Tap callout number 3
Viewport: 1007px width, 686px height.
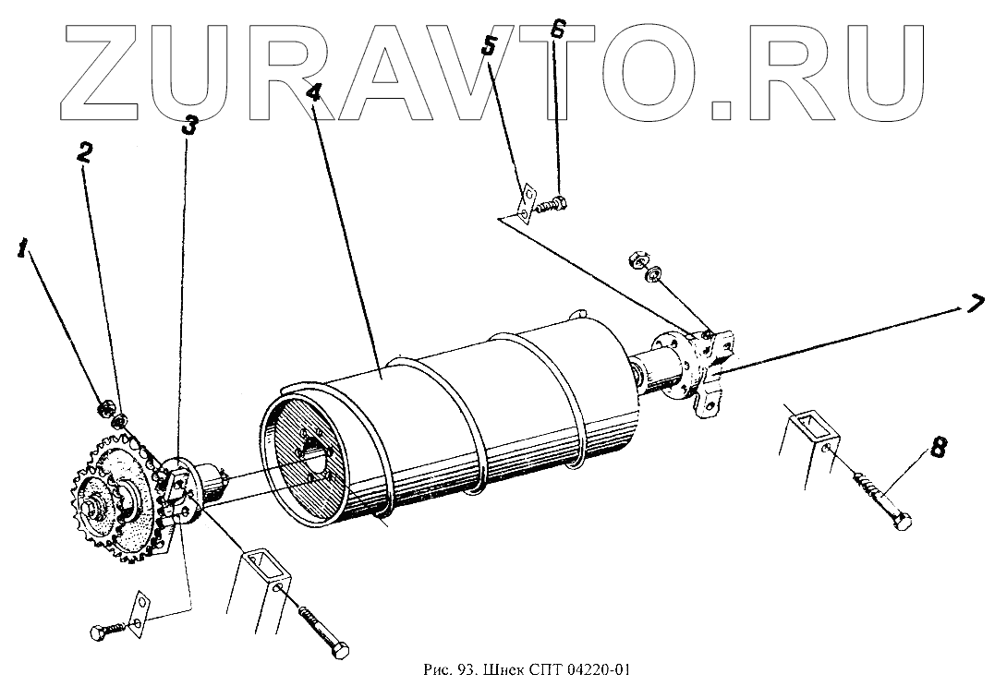coord(188,125)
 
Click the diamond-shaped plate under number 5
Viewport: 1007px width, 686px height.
coord(526,201)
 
